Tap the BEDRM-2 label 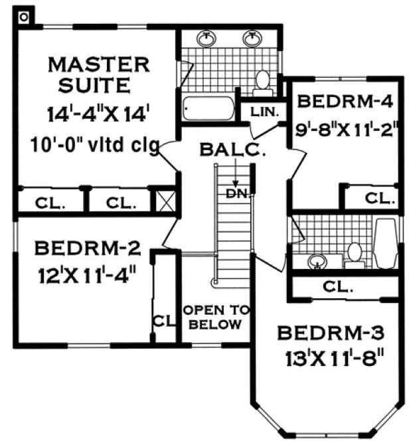(x=87, y=249)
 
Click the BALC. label (x=234, y=151)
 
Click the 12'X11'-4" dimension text (x=87, y=273)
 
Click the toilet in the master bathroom (x=262, y=80)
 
